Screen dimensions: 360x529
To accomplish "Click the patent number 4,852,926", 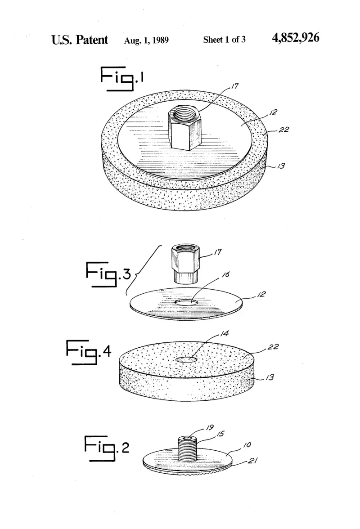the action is tap(296, 38).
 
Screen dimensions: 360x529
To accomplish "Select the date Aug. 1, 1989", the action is tap(146, 40).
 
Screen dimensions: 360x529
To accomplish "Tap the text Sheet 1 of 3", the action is tap(224, 40).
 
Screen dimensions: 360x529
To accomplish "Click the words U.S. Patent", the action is tap(80, 40).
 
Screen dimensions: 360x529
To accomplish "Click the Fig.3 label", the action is tap(108, 274).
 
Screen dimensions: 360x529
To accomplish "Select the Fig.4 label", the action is tap(88, 352).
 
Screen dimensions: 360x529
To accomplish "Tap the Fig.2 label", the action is tap(106, 448).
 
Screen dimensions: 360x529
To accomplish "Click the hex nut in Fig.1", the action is tap(184, 127).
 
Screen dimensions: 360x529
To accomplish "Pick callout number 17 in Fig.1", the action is tap(234, 86).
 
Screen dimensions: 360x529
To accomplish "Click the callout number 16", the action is tap(226, 274).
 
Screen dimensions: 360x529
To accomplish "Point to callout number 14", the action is tap(225, 334).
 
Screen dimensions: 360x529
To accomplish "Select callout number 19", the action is tap(210, 427).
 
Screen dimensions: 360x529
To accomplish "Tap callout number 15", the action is tap(220, 434).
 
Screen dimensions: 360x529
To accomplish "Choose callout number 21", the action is tap(253, 460).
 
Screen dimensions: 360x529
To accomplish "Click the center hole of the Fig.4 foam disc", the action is tap(186, 360).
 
